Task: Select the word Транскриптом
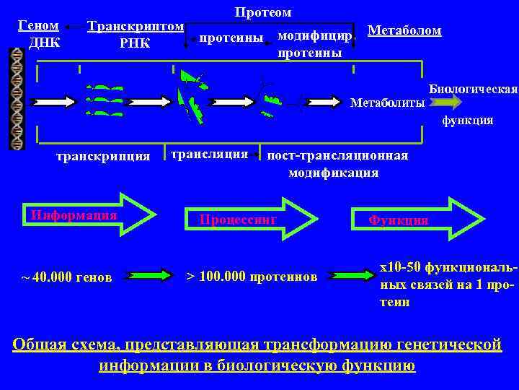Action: click(135, 27)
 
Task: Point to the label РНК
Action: click(135, 43)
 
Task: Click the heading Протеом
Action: click(263, 12)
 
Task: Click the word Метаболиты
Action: click(387, 103)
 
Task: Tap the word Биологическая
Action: click(473, 89)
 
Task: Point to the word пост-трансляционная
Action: click(337, 155)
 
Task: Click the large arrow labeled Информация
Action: click(90, 215)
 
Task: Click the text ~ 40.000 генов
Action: click(66, 276)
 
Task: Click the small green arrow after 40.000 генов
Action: click(148, 275)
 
